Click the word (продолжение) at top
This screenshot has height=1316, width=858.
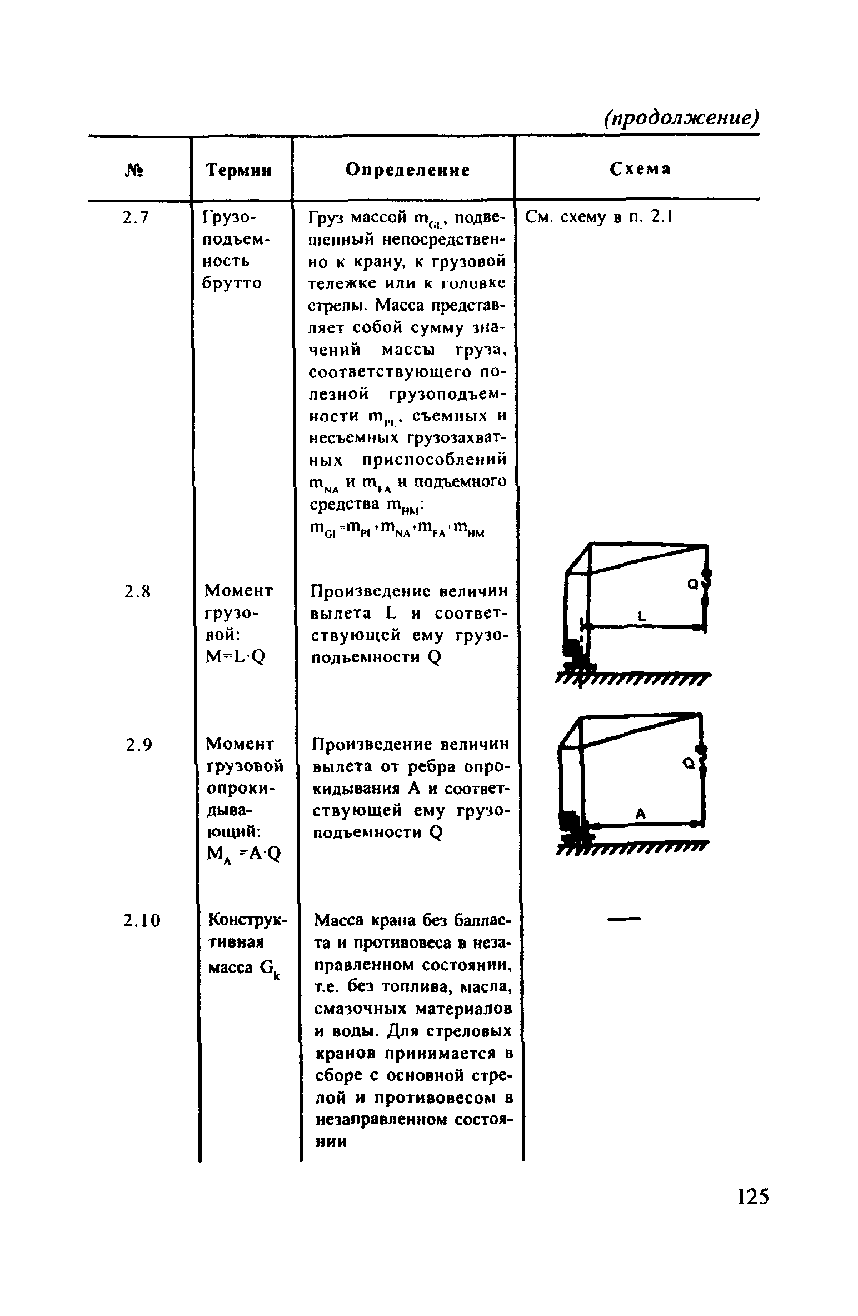[x=681, y=118]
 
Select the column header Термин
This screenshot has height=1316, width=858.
[x=239, y=170]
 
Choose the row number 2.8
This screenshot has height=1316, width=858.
[x=136, y=593]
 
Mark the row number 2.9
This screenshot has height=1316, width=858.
[x=138, y=745]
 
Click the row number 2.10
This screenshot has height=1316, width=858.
[x=142, y=921]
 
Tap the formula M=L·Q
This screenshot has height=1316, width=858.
[x=235, y=657]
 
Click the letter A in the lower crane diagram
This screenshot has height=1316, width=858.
[x=640, y=814]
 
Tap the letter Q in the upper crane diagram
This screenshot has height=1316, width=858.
[x=692, y=584]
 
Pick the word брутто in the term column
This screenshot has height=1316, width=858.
[x=231, y=283]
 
